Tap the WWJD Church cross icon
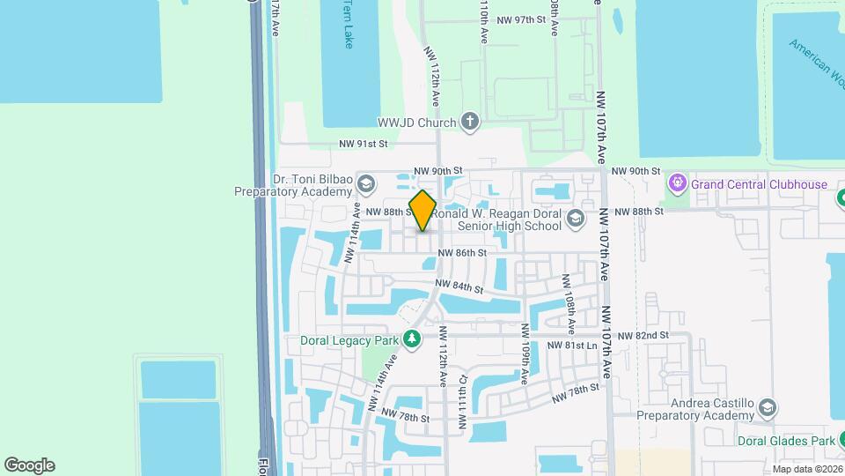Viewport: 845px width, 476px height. tap(470, 123)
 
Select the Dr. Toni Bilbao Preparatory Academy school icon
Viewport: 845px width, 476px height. tap(365, 184)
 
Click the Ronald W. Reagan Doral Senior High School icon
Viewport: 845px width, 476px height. tap(576, 219)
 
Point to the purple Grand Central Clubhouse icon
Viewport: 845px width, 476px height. tap(677, 184)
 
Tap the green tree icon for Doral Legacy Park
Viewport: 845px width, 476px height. tap(411, 338)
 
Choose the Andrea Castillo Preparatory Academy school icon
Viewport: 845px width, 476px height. tap(768, 407)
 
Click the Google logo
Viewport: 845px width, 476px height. tap(29, 465)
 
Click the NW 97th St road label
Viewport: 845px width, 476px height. tap(522, 19)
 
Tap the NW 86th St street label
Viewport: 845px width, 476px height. tap(462, 253)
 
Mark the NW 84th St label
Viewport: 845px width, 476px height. tap(459, 286)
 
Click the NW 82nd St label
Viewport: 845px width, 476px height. tap(643, 336)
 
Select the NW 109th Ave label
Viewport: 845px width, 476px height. tap(524, 353)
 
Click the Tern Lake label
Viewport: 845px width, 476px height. tap(349, 25)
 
